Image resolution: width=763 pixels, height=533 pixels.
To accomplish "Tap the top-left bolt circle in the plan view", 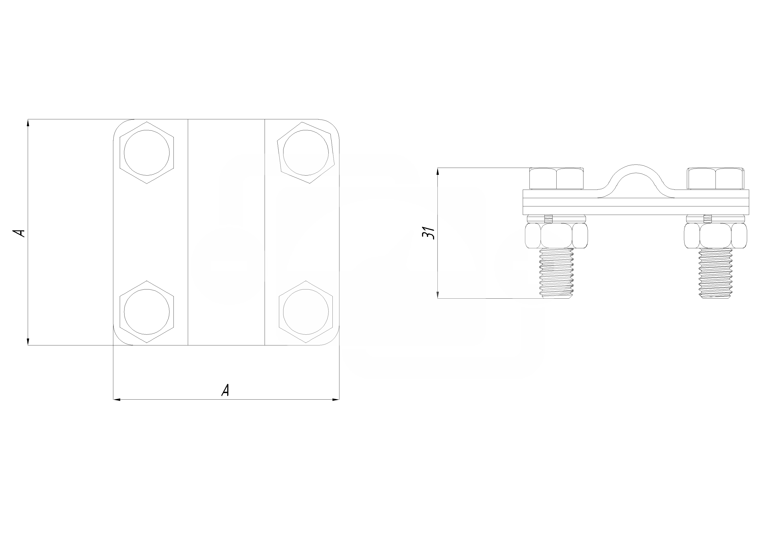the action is pyautogui.click(x=147, y=153).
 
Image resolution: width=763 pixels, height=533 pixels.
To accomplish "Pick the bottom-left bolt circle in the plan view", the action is pyautogui.click(x=147, y=312).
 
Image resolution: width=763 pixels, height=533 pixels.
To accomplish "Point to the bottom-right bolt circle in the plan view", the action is pyautogui.click(x=306, y=312).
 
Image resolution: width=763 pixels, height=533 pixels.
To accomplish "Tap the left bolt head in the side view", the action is pyautogui.click(x=556, y=179).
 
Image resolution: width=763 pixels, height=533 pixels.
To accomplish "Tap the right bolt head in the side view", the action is pyautogui.click(x=715, y=179).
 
